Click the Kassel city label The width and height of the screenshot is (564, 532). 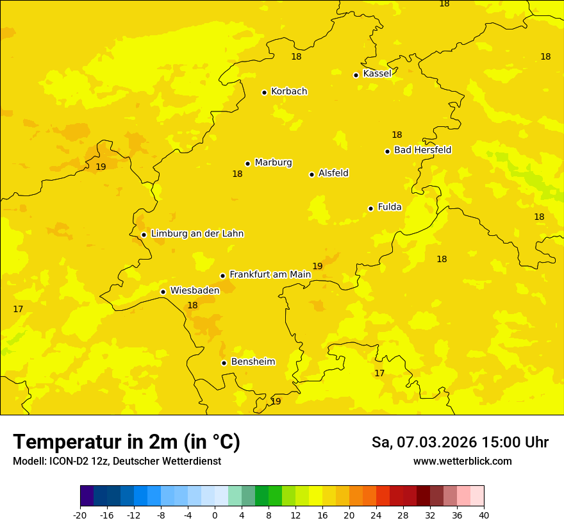pyautogui.click(x=377, y=74)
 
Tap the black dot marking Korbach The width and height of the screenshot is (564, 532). pyautogui.click(x=264, y=92)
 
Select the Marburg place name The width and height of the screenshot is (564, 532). pyautogui.click(x=273, y=163)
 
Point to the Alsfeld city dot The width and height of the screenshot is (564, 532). pyautogui.click(x=311, y=174)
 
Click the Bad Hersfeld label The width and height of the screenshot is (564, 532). pyautogui.click(x=422, y=150)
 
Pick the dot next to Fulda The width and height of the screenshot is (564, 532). pyautogui.click(x=370, y=208)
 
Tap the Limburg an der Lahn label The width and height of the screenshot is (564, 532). pyautogui.click(x=197, y=234)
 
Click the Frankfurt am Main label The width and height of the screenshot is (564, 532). pyautogui.click(x=270, y=274)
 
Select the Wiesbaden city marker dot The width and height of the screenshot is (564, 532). pyautogui.click(x=163, y=292)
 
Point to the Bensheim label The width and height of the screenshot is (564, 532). pyautogui.click(x=253, y=362)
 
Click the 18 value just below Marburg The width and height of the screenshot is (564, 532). pyautogui.click(x=237, y=174)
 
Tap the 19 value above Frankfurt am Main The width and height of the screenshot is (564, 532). pyautogui.click(x=317, y=266)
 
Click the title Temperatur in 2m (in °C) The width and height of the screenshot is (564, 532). pyautogui.click(x=126, y=442)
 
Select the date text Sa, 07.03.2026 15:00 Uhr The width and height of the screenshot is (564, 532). pyautogui.click(x=460, y=442)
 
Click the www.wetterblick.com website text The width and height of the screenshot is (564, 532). pyautogui.click(x=462, y=461)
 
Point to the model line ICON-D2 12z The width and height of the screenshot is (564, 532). pyautogui.click(x=117, y=461)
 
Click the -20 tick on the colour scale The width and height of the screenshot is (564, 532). pyautogui.click(x=80, y=515)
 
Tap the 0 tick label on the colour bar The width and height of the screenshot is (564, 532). pyautogui.click(x=215, y=515)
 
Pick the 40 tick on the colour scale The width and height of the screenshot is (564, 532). pyautogui.click(x=484, y=515)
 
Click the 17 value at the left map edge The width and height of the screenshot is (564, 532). pyautogui.click(x=18, y=310)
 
